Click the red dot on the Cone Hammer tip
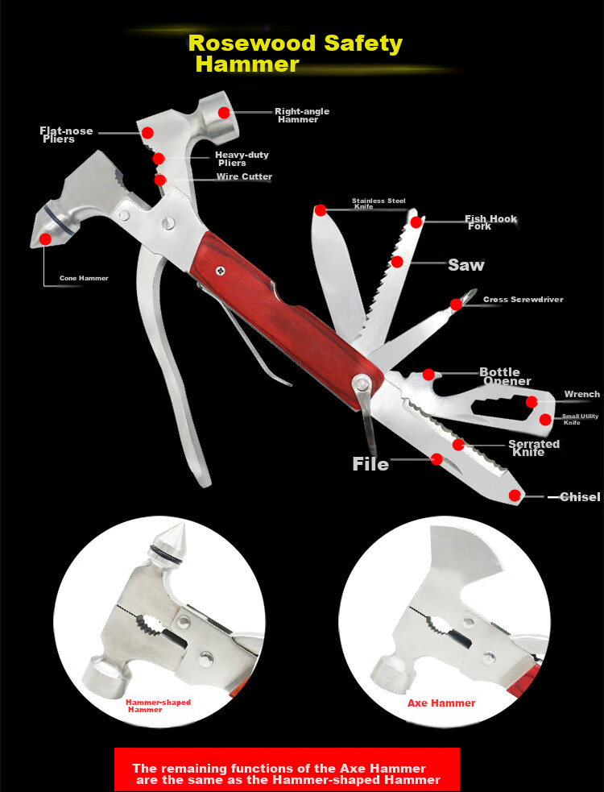[45, 239]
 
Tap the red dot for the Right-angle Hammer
[224, 113]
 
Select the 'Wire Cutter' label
[245, 176]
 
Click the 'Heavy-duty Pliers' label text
[242, 159]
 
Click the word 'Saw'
[466, 265]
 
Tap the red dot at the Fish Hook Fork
[416, 222]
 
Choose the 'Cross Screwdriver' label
[523, 300]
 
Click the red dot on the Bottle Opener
[428, 375]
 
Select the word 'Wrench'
[582, 394]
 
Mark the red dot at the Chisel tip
[514, 496]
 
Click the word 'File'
[370, 464]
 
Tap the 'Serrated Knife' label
[534, 448]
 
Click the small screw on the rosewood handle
[220, 272]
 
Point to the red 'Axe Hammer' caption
[441, 703]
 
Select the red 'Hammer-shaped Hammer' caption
[158, 706]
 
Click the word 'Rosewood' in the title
[252, 44]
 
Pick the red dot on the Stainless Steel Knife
[321, 210]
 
